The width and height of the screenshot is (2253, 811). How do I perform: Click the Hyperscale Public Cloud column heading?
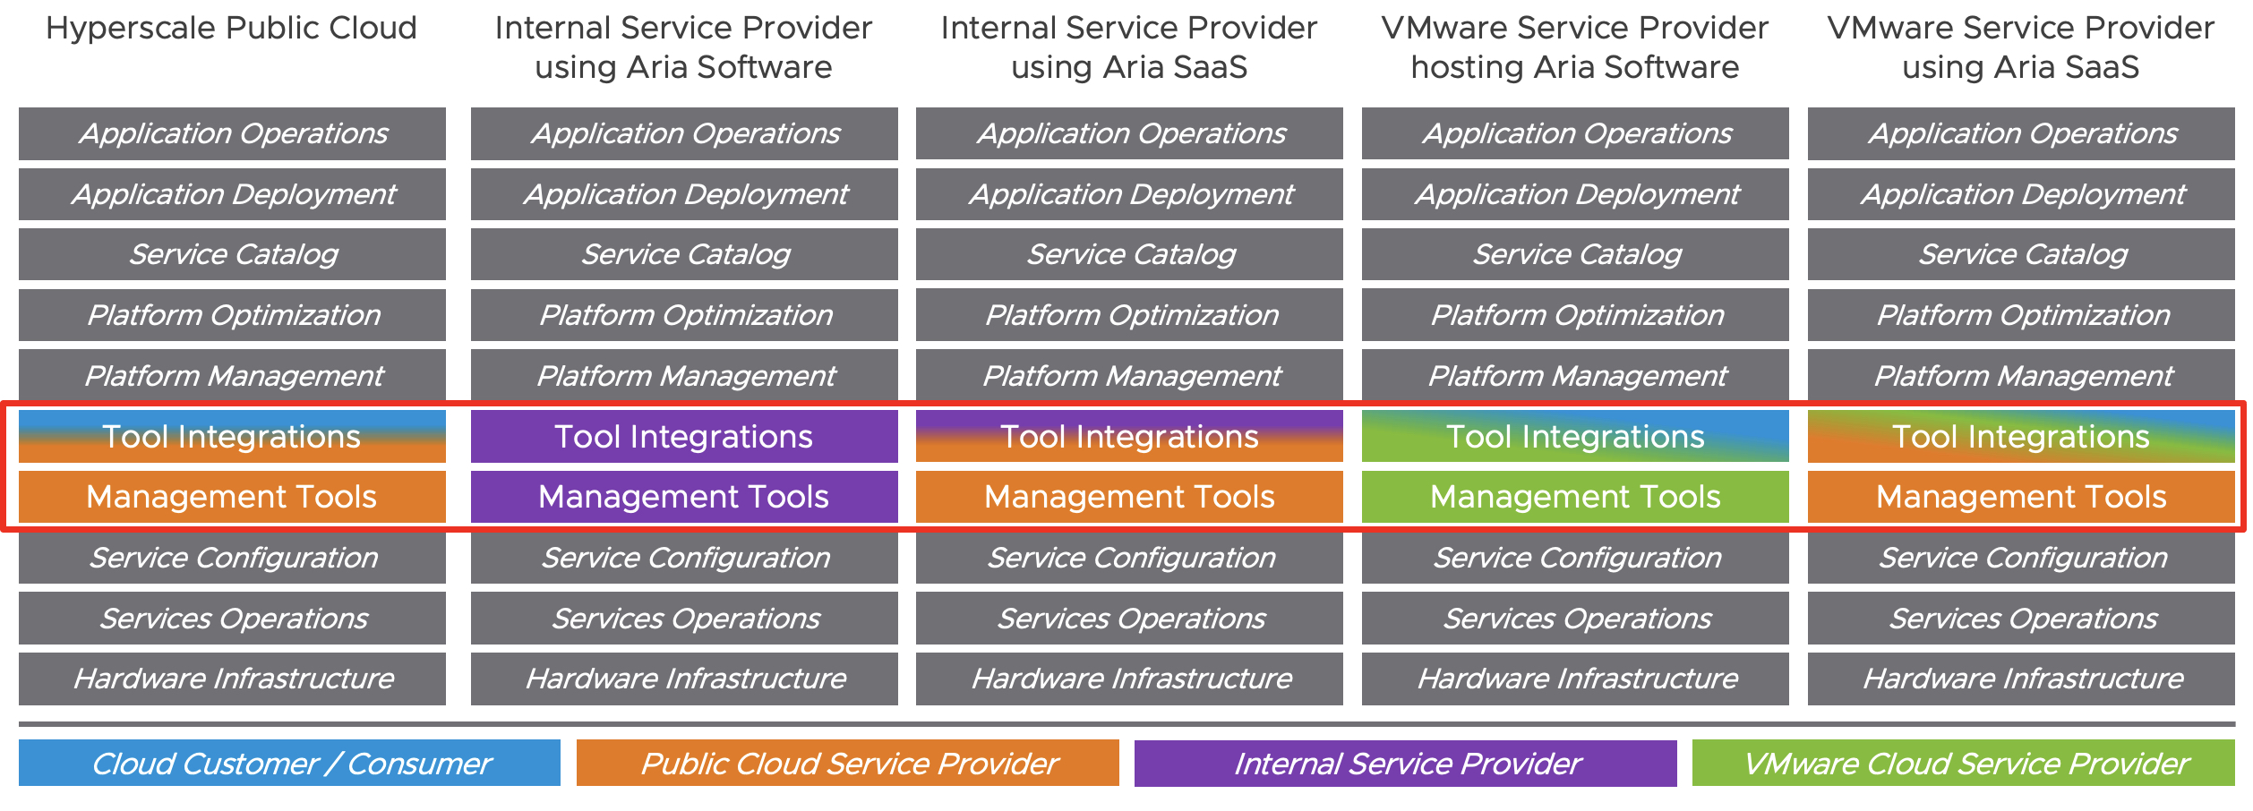tap(231, 29)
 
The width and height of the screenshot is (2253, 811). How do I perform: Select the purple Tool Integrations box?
tap(683, 437)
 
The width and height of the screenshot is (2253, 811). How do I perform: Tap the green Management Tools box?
tap(1574, 497)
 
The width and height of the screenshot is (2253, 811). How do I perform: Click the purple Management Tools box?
tap(683, 497)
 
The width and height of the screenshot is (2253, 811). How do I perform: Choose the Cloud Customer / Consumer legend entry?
tap(289, 764)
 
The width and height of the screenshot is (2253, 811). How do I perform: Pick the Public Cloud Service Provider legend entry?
tap(847, 764)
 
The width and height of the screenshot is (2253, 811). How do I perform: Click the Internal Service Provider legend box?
tap(1405, 764)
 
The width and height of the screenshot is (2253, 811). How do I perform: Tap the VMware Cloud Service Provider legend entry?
tap(1963, 764)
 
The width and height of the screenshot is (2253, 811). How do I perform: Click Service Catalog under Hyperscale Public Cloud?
tap(232, 254)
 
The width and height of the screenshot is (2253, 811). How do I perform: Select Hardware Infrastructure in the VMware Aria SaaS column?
tap(2021, 679)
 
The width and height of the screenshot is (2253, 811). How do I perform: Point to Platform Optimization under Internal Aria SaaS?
tap(1129, 315)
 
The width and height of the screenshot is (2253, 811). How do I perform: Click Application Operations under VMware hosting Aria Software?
tap(1574, 133)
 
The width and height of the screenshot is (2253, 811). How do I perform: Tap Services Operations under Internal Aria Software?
tap(683, 619)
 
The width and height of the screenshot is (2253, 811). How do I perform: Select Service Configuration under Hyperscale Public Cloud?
tap(232, 558)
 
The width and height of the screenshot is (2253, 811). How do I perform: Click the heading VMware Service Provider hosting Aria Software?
tap(1574, 47)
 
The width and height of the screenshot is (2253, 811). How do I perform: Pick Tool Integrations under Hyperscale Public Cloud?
tap(232, 437)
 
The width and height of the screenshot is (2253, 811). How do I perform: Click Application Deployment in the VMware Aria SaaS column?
tap(2021, 194)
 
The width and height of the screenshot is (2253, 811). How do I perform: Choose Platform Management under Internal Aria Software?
tap(683, 376)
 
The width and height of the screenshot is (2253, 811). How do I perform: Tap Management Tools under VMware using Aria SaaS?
tap(2021, 497)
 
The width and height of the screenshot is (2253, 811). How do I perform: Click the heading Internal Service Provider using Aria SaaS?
tap(1129, 47)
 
